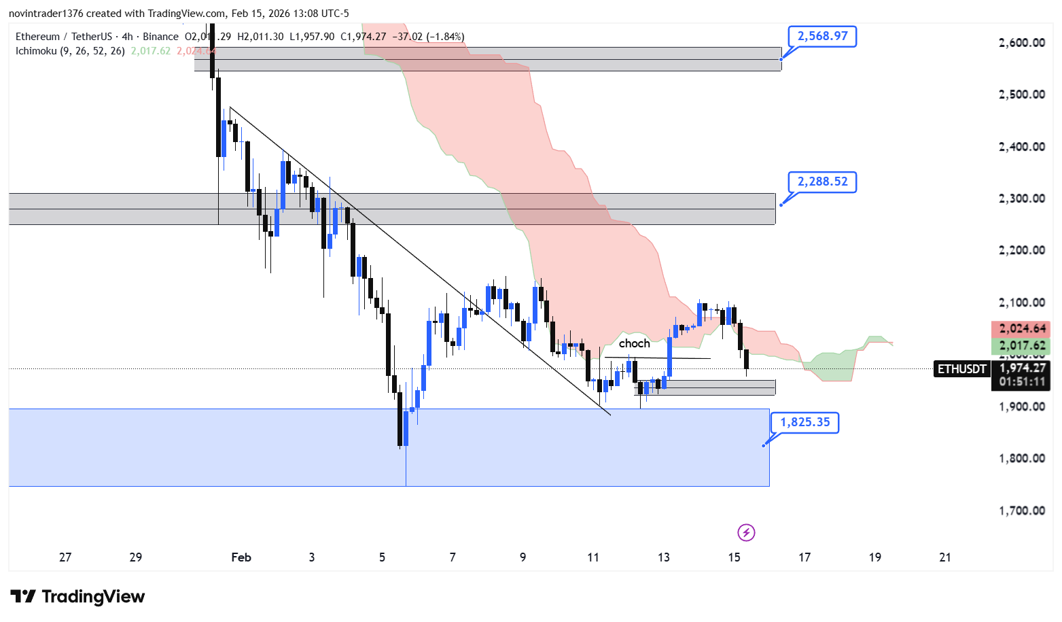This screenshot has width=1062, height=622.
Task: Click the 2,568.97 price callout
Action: click(x=822, y=36)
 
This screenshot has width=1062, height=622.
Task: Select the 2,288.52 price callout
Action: click(x=822, y=182)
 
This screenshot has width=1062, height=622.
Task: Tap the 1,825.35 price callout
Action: click(x=804, y=422)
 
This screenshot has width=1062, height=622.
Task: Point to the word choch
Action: click(x=634, y=343)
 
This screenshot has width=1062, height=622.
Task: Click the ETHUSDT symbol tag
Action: click(x=961, y=369)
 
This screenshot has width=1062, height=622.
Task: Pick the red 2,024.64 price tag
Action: click(x=1021, y=328)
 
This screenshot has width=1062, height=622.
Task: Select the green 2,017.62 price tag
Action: click(x=1021, y=345)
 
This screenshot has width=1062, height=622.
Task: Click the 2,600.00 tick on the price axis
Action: click(x=1021, y=43)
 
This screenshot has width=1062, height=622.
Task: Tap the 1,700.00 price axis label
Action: click(x=1021, y=511)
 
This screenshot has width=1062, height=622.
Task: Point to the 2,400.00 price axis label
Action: click(x=1021, y=147)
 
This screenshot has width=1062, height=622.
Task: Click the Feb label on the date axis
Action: click(x=241, y=557)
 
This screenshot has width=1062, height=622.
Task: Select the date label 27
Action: click(x=65, y=557)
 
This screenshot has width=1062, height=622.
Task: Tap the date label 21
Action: click(x=944, y=557)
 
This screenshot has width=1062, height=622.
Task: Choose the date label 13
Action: click(x=663, y=557)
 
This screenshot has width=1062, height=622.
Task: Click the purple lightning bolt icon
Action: click(x=746, y=532)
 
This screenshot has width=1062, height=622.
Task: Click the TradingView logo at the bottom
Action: click(x=77, y=597)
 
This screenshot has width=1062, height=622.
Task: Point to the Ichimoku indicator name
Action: click(x=37, y=51)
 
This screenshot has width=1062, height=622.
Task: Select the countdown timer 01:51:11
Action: click(x=1021, y=381)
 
